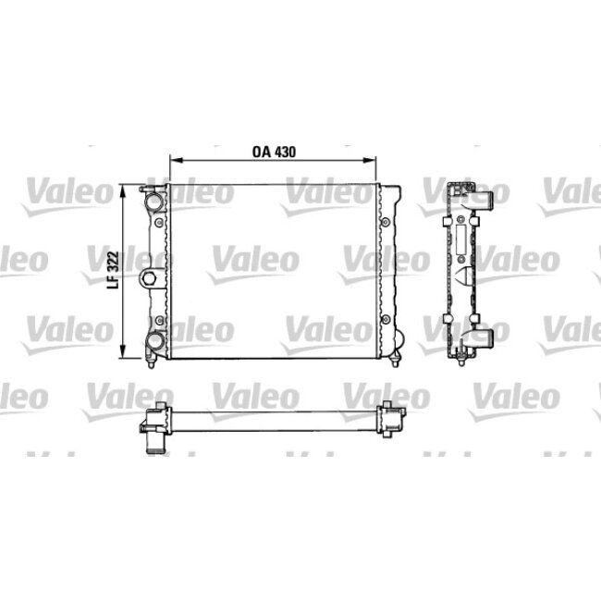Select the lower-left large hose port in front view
154,346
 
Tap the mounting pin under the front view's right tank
398,359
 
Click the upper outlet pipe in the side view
483,198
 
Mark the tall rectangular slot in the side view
459,238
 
